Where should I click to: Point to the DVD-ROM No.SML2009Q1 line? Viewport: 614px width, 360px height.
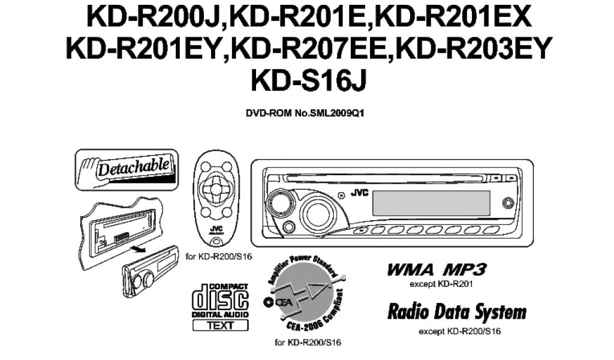click(306, 113)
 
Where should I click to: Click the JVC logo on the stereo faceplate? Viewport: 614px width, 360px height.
click(359, 194)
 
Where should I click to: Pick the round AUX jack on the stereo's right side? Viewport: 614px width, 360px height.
click(508, 203)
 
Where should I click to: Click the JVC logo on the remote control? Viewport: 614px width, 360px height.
click(215, 230)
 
